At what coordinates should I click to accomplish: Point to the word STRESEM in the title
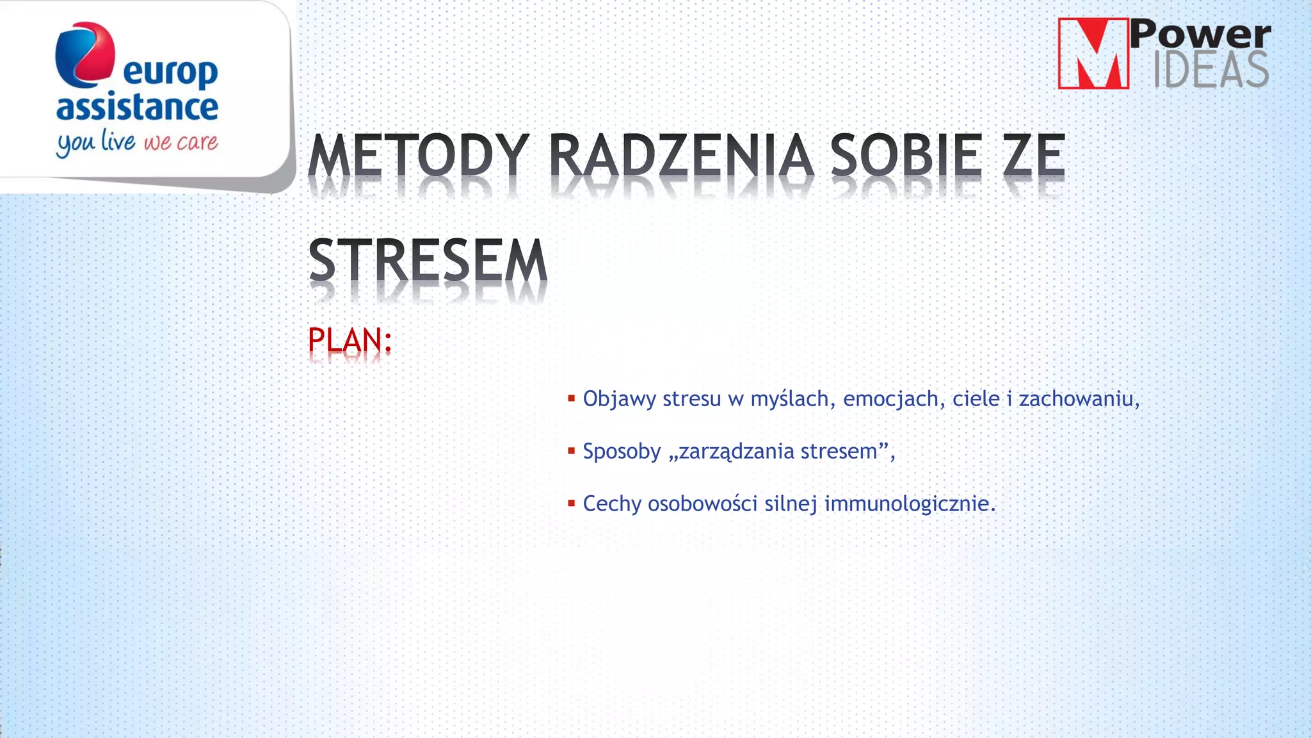pyautogui.click(x=428, y=260)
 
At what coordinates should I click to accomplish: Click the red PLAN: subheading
pyautogui.click(x=350, y=340)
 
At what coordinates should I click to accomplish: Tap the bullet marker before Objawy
pyautogui.click(x=571, y=398)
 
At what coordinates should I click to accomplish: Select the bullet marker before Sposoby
pyautogui.click(x=571, y=451)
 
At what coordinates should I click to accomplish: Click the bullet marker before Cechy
pyautogui.click(x=571, y=504)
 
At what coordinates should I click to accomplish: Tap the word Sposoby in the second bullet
pyautogui.click(x=622, y=452)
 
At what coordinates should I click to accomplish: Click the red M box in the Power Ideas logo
pyautogui.click(x=1093, y=54)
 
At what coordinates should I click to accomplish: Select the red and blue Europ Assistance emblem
pyautogui.click(x=84, y=54)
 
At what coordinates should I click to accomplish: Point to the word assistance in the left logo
pyautogui.click(x=137, y=107)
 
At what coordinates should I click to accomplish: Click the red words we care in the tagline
pyautogui.click(x=181, y=142)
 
